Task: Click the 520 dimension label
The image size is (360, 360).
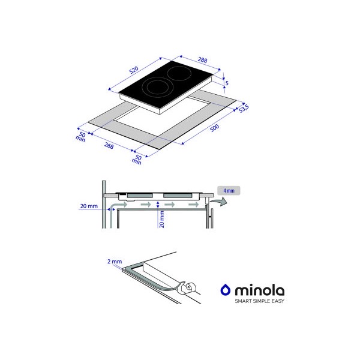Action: tap(134, 70)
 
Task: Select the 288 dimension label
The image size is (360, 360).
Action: tap(203, 60)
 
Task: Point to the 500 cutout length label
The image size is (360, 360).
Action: tap(214, 128)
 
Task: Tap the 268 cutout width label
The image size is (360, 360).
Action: tap(109, 145)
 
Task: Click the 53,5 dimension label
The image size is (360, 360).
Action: tap(244, 108)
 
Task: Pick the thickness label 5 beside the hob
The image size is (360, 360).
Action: tap(227, 83)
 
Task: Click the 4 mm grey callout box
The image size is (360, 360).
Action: tap(229, 191)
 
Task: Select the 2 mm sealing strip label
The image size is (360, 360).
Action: tap(115, 261)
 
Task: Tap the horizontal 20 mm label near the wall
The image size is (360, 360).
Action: tap(89, 206)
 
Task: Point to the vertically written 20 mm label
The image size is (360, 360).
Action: tap(162, 219)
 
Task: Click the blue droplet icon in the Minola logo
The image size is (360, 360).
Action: tap(226, 290)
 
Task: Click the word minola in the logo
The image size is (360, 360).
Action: tap(260, 290)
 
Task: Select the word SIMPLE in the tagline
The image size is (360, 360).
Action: tap(262, 301)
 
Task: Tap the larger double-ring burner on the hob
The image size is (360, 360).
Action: tap(157, 88)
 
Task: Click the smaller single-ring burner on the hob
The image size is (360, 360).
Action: tap(179, 73)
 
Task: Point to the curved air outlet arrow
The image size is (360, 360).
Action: tap(219, 202)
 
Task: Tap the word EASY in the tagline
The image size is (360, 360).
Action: tap(278, 301)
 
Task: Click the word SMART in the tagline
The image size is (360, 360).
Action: tap(243, 301)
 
